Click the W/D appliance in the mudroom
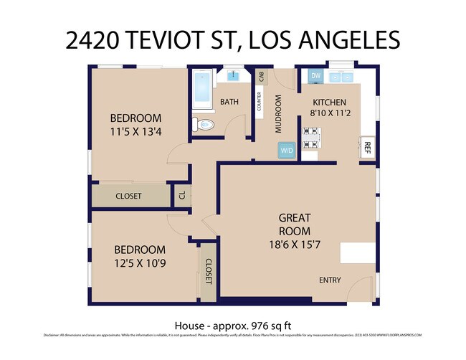coord(287,151)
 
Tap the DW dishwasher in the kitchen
coord(315,76)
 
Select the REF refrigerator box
coord(366,148)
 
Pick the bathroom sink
coord(234,75)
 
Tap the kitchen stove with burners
coord(312,138)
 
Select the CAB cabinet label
coord(260,76)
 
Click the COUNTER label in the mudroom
coord(259,102)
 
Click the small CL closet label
coord(181,194)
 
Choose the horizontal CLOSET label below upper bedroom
coord(128,195)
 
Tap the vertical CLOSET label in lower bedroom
coord(209,271)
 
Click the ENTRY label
coord(330,280)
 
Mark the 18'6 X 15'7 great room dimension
coord(295,244)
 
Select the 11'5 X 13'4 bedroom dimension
coord(135,132)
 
